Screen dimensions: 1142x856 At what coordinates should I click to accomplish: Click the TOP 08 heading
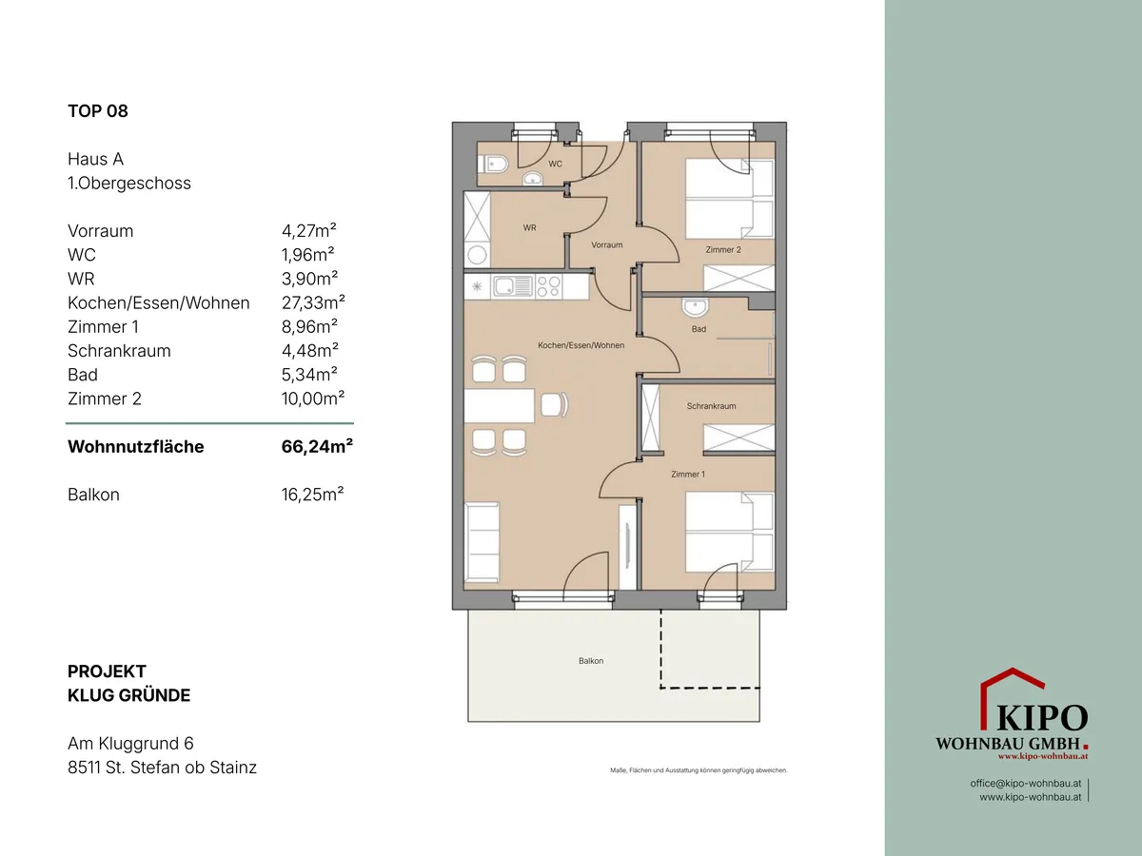point(98,111)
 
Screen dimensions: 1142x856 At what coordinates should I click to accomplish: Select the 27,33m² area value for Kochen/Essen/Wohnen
point(313,302)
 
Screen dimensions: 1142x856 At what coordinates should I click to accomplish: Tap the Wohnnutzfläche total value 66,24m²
point(317,446)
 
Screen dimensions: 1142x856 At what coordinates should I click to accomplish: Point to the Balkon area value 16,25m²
point(312,495)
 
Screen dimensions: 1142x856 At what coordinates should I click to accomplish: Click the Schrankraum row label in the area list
point(119,351)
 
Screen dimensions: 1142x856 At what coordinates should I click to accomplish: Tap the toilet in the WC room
point(492,165)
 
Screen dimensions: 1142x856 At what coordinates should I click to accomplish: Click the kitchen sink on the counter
point(513,286)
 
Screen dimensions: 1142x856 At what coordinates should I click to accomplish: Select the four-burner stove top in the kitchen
point(549,286)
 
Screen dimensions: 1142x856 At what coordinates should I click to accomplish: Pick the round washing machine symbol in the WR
point(477,255)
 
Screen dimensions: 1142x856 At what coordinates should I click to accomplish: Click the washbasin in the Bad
point(695,307)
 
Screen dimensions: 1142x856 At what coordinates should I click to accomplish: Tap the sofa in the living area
point(482,542)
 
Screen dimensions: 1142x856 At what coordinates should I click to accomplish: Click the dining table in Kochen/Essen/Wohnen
point(499,405)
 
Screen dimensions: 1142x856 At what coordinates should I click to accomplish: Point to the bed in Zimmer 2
point(729,199)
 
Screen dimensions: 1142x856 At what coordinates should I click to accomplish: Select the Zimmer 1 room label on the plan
point(688,474)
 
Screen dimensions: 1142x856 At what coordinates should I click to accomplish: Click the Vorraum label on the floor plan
point(606,244)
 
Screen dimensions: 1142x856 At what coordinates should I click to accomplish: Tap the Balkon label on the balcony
point(591,661)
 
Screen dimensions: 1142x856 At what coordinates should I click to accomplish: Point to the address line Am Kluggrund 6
point(130,744)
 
